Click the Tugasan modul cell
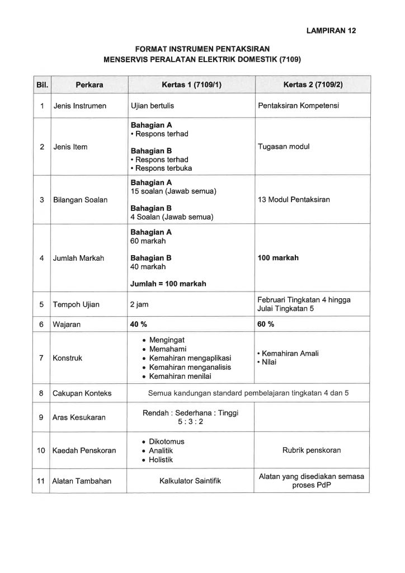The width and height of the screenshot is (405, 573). pyautogui.click(x=284, y=147)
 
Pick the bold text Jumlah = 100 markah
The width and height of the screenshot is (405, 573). pyautogui.click(x=168, y=284)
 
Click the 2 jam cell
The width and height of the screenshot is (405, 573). pyautogui.click(x=140, y=304)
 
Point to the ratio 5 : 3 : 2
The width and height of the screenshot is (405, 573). pyautogui.click(x=191, y=422)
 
